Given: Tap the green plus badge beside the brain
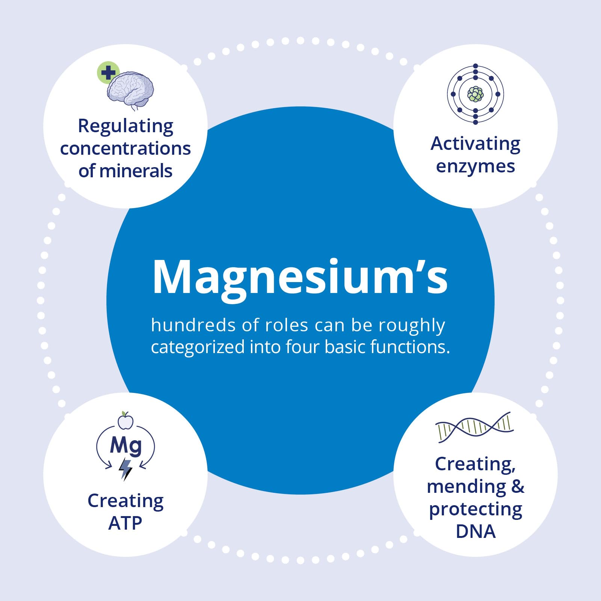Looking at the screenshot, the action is pos(108,72).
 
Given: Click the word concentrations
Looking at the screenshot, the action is pos(125,148).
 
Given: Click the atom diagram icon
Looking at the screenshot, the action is pos(476,94).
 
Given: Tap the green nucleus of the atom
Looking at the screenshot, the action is pos(476,94).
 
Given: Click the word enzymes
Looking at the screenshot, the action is pos(476,166).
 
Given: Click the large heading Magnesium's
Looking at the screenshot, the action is pos(300,278).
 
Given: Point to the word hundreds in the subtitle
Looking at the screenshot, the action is pos(193,325).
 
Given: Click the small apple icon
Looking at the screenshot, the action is pos(125,420).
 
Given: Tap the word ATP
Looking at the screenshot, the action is pos(125,523).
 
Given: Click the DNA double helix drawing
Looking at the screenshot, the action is pos(474,427).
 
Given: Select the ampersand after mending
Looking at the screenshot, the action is pos(518,486).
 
